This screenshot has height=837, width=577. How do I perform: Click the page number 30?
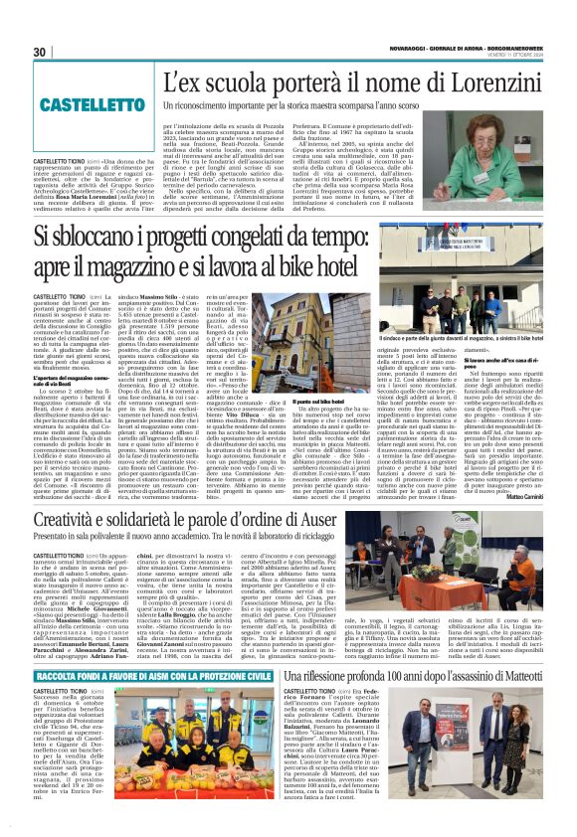(x=40, y=52)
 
